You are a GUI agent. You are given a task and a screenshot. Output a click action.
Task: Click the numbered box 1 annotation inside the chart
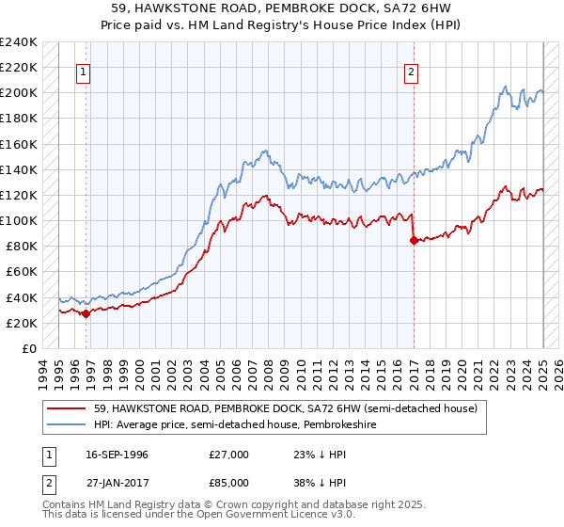tap(83, 72)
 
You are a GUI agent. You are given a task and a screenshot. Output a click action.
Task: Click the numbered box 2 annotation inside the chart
tap(412, 72)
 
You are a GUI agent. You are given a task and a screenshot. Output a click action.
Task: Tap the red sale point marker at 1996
tap(86, 314)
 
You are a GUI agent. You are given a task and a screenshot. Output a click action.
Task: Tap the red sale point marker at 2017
tap(414, 240)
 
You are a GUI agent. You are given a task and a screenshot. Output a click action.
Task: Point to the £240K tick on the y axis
tap(19, 42)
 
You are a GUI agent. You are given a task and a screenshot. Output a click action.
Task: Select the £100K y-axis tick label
tap(19, 220)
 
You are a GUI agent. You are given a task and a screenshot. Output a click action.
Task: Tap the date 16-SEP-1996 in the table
tap(114, 455)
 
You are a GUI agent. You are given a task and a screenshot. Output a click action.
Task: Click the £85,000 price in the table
tap(230, 486)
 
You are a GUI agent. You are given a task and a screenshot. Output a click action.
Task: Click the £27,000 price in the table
tap(230, 455)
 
